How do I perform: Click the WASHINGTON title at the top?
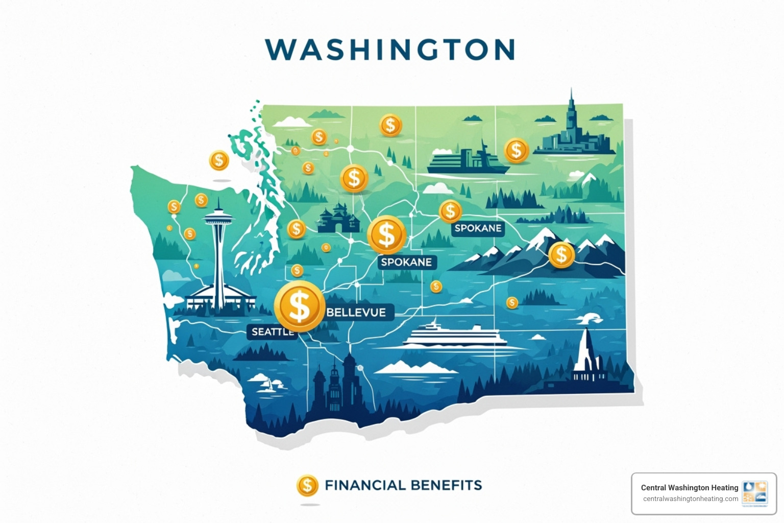pos(390,50)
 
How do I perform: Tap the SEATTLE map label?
pos(273,331)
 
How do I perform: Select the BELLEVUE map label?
pos(356,312)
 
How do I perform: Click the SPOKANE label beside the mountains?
pos(478,228)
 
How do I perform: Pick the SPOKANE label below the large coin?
pos(406,262)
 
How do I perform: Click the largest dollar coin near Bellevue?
pos(300,306)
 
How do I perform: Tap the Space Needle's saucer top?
pos(219,219)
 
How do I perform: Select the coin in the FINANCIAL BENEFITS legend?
pos(307,486)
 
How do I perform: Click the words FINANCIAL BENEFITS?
pos(403,485)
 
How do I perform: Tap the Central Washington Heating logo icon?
pos(755,493)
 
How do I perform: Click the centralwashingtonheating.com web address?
pos(690,499)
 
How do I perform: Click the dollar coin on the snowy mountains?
pos(561,254)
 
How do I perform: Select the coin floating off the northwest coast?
pos(219,160)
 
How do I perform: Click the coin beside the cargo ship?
pos(516,151)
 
